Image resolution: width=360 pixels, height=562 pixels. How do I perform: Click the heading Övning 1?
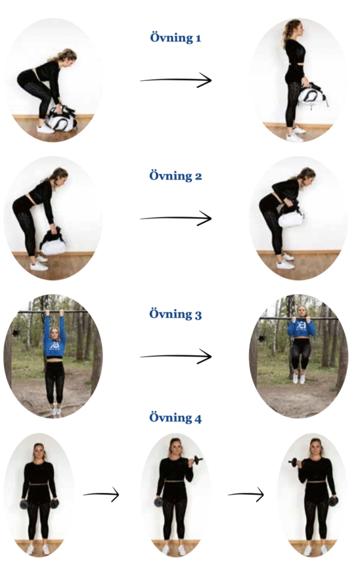coord(176,38)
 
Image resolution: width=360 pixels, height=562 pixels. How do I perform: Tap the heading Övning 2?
coord(176,176)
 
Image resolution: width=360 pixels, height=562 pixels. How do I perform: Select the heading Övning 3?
coord(176,314)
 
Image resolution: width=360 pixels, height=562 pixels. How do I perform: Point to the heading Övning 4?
coord(176,418)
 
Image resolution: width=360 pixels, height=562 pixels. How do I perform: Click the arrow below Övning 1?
coord(176,80)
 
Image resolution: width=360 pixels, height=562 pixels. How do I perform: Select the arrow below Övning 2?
coord(176,218)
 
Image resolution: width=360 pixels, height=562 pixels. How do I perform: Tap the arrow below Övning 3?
coord(176,357)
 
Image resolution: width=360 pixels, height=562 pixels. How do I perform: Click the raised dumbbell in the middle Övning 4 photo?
coord(196,459)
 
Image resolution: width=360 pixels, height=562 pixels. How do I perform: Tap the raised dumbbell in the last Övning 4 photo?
coord(294,462)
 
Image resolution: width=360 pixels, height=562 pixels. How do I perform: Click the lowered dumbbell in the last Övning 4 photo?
coord(333,501)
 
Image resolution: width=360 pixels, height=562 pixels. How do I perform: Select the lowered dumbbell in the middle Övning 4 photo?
coord(158,501)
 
